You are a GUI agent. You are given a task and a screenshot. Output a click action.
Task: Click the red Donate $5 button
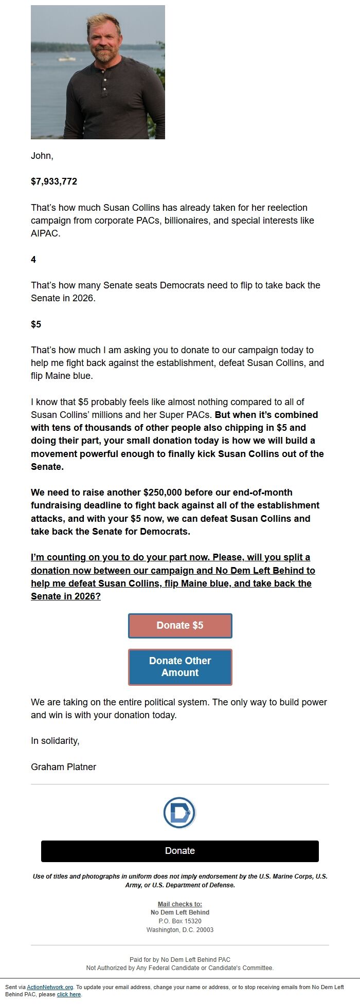[180, 626]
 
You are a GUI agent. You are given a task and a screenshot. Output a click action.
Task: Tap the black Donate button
[180, 851]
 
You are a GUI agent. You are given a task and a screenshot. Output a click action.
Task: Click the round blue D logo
[179, 812]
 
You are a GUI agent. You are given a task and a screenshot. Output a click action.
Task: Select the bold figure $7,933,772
[54, 181]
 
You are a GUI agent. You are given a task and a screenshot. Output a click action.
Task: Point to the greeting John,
[42, 156]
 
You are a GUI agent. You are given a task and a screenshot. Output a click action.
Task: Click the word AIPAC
[45, 233]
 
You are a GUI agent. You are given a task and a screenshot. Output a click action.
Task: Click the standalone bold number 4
[33, 260]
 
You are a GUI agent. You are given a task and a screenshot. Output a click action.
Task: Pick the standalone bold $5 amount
[36, 324]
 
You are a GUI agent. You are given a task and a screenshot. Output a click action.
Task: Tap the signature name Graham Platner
[63, 767]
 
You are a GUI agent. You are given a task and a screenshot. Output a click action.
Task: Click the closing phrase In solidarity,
[55, 741]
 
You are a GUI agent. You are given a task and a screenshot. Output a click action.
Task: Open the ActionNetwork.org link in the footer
[50, 987]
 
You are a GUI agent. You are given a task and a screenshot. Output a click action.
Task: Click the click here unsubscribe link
[69, 995]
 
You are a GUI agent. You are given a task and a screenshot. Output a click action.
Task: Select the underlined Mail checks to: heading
[179, 904]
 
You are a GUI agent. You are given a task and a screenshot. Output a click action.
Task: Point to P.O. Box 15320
[179, 921]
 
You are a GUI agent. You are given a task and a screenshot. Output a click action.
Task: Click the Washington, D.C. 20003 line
[179, 930]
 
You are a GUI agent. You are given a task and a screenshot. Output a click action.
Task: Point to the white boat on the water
[67, 59]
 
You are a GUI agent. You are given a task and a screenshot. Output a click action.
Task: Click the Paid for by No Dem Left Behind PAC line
[179, 960]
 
